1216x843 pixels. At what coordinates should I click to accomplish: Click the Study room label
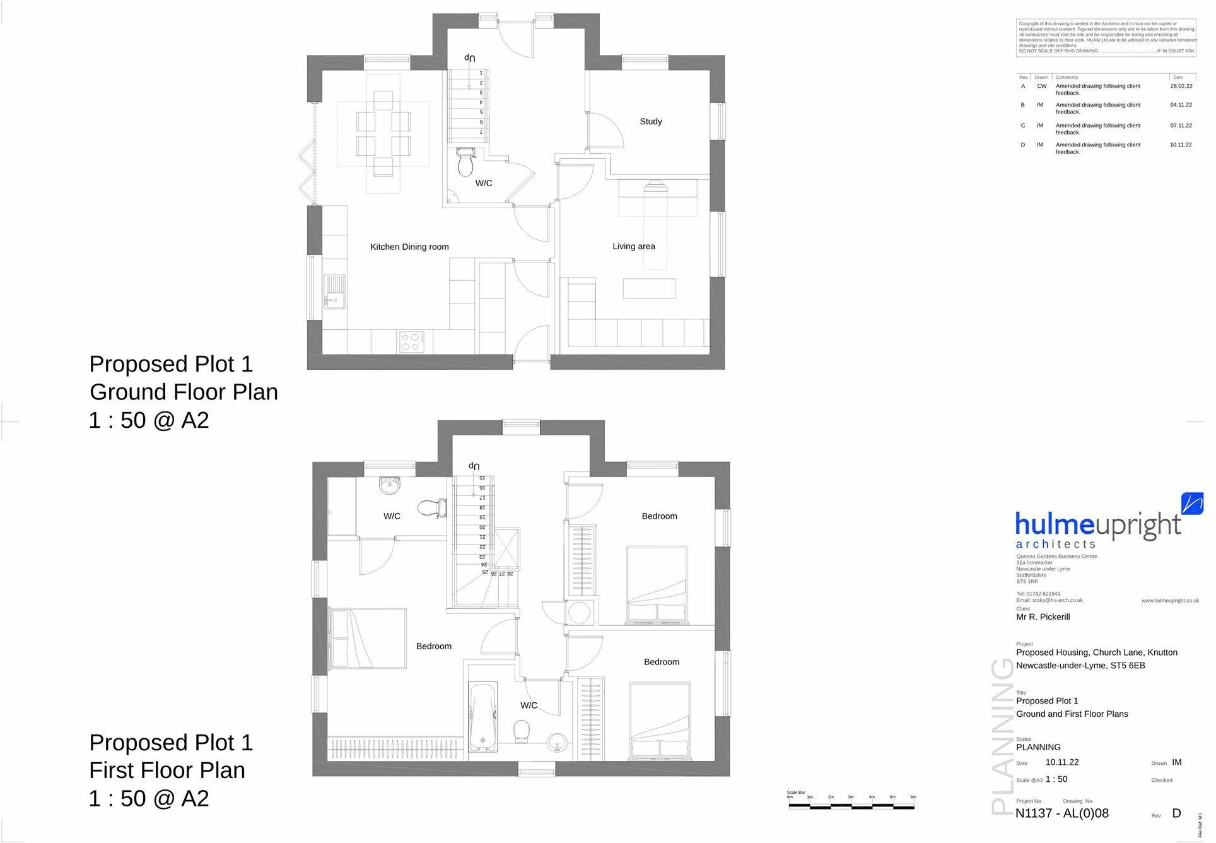(x=650, y=121)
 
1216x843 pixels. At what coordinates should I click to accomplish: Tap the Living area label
(x=633, y=246)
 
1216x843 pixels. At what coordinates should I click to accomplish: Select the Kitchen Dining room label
(x=409, y=247)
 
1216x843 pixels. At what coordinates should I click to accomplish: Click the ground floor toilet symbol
(x=465, y=163)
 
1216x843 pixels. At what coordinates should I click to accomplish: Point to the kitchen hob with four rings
(x=411, y=341)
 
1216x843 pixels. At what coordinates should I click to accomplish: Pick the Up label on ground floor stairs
(x=469, y=57)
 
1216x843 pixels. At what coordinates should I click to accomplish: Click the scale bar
(x=850, y=805)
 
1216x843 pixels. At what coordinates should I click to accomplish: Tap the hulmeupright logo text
(x=1097, y=526)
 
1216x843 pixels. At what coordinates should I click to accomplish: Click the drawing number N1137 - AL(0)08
(x=1061, y=813)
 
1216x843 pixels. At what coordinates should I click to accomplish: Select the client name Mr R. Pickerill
(x=1043, y=617)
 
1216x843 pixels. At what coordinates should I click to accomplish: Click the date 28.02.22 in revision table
(x=1181, y=86)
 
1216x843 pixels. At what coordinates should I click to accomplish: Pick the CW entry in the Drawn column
(x=1041, y=86)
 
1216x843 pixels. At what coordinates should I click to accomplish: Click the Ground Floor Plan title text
(x=184, y=392)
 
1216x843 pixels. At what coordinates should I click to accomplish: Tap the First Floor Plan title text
(x=167, y=770)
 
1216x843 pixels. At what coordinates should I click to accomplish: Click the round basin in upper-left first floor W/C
(x=390, y=486)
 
